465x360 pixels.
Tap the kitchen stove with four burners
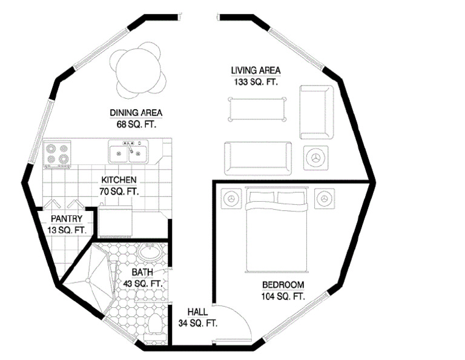[x=58, y=154]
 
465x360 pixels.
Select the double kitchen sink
[x=128, y=152]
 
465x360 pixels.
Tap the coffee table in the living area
[x=257, y=109]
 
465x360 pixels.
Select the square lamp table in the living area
[x=315, y=158]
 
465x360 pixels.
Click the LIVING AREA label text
[x=256, y=71]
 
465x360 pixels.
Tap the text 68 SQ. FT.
[x=136, y=124]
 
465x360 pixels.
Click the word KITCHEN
[x=119, y=180]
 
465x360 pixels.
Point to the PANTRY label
[x=67, y=219]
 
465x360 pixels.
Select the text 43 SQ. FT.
[x=143, y=284]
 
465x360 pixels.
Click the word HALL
[x=197, y=312]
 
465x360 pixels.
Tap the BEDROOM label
[x=283, y=285]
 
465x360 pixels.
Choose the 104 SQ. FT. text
[x=283, y=296]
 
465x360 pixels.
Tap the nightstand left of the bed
[x=232, y=198]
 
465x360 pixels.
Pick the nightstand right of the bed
[x=325, y=198]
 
